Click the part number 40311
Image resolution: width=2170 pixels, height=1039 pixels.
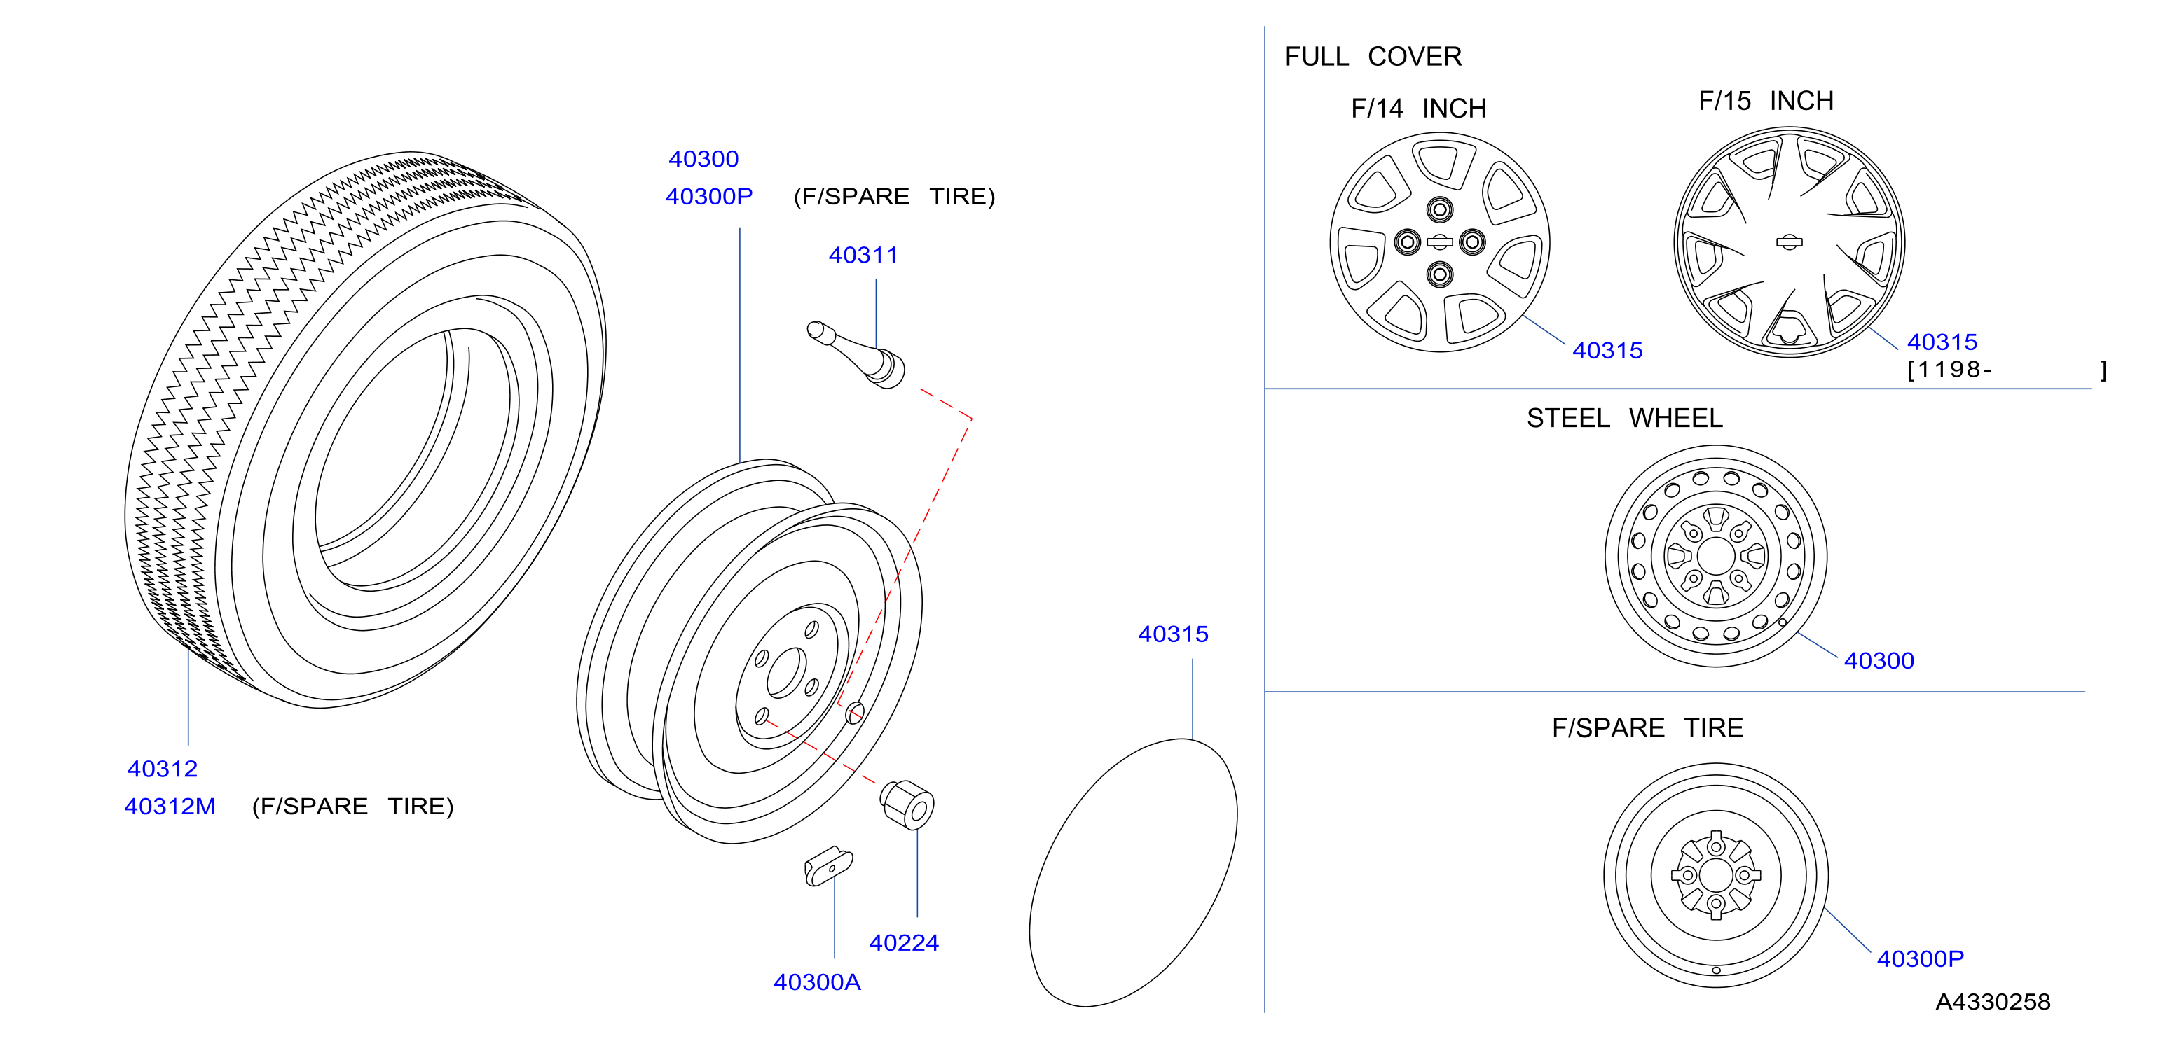point(863,255)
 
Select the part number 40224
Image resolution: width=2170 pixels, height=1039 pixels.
point(904,943)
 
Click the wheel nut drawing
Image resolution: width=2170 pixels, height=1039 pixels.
point(907,804)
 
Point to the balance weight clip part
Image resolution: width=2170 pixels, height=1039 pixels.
point(828,866)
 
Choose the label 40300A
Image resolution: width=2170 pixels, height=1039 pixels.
point(817,982)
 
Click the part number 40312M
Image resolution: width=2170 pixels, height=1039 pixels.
point(170,807)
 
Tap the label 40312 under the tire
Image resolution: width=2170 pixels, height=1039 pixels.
point(163,769)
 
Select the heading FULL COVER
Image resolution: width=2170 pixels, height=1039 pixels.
point(1373,57)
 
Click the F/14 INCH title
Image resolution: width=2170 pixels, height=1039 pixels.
point(1419,109)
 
